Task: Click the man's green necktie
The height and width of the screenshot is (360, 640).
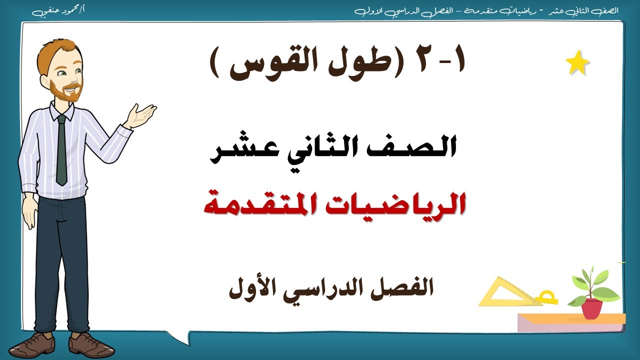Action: [61, 150]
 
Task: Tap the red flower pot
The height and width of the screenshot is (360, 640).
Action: [591, 308]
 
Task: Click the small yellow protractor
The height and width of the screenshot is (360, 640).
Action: [546, 298]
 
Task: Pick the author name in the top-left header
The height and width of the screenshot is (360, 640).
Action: [58, 10]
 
